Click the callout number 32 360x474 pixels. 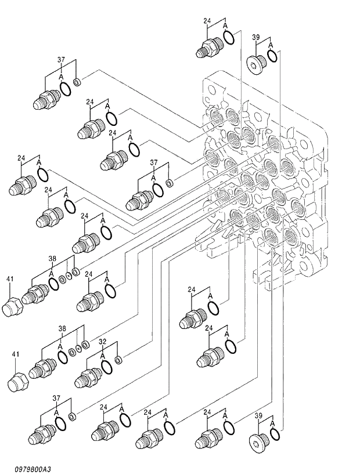coord(102,342)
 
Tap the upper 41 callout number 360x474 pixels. coord(9,280)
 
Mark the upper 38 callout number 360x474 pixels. coord(52,259)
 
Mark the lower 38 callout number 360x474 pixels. coord(62,329)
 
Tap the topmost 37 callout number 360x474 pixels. coord(60,60)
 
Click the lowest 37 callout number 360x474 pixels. coord(56,398)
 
